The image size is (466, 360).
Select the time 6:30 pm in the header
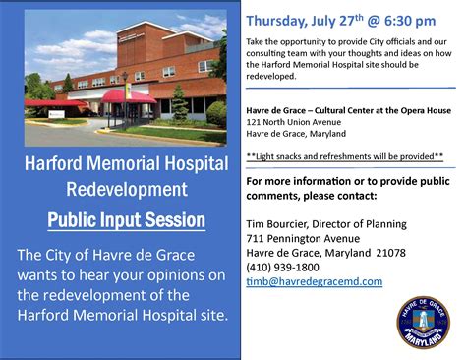[400, 20]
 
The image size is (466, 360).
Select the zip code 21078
[404, 252]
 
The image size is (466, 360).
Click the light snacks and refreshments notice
[344, 155]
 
